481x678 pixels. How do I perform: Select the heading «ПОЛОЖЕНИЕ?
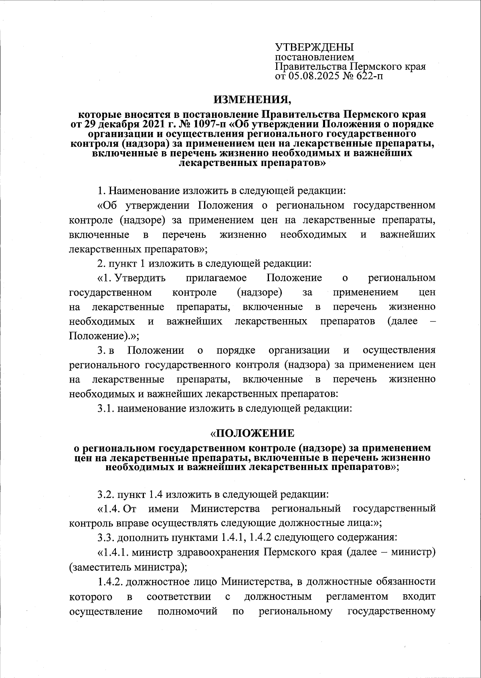pos(253,433)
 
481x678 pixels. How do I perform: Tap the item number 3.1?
pos(106,409)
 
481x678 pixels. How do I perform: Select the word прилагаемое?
pos(216,278)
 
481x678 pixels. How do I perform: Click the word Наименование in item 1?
pos(144,190)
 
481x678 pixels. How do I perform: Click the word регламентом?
pos(357,597)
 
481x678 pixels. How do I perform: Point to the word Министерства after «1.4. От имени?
pos(225,509)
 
